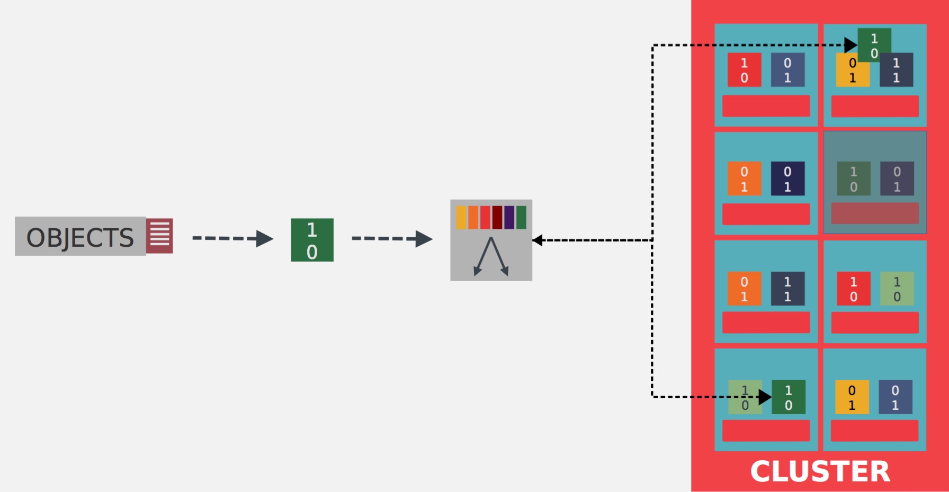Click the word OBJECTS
coord(80,237)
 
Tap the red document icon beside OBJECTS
coord(159,236)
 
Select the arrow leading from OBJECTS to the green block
coord(232,238)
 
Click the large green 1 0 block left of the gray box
coord(312,240)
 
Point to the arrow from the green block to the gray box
coord(392,238)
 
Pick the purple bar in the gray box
coord(509,218)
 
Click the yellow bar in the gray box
coord(461,218)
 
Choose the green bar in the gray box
coord(521,218)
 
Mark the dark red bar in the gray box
coord(497,218)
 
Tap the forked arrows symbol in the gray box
coord(491,257)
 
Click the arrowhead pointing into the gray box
coord(538,240)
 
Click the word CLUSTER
coord(820,471)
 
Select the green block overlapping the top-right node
coord(874,44)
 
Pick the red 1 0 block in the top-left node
coord(744,70)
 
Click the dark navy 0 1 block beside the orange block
coord(787,178)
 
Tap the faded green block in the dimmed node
coord(853,179)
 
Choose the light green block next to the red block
coord(897,289)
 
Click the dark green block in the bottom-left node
coord(789,397)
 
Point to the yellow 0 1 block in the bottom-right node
coord(852,397)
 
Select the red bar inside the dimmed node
coord(874,213)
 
